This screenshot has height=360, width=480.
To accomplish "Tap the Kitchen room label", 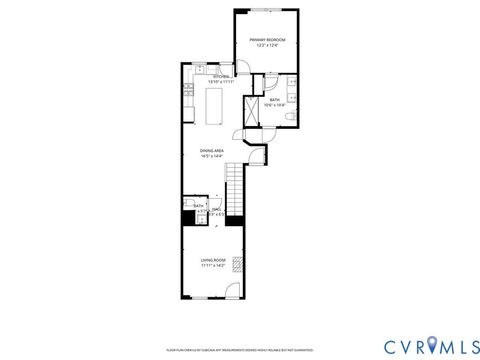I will point(220,75).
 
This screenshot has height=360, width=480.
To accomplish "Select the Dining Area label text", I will point(211,150).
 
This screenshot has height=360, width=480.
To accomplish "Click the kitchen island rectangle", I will point(213,101).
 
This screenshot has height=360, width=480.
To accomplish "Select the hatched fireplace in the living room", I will point(237,264).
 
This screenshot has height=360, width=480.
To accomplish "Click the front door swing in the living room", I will point(232,291).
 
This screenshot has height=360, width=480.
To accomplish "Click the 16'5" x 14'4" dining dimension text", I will point(211,156).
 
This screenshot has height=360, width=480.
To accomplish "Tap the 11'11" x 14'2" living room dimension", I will point(212,265).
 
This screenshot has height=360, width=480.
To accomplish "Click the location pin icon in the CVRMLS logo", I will point(431,346).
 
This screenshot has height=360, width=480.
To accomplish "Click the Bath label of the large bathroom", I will point(274,99).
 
